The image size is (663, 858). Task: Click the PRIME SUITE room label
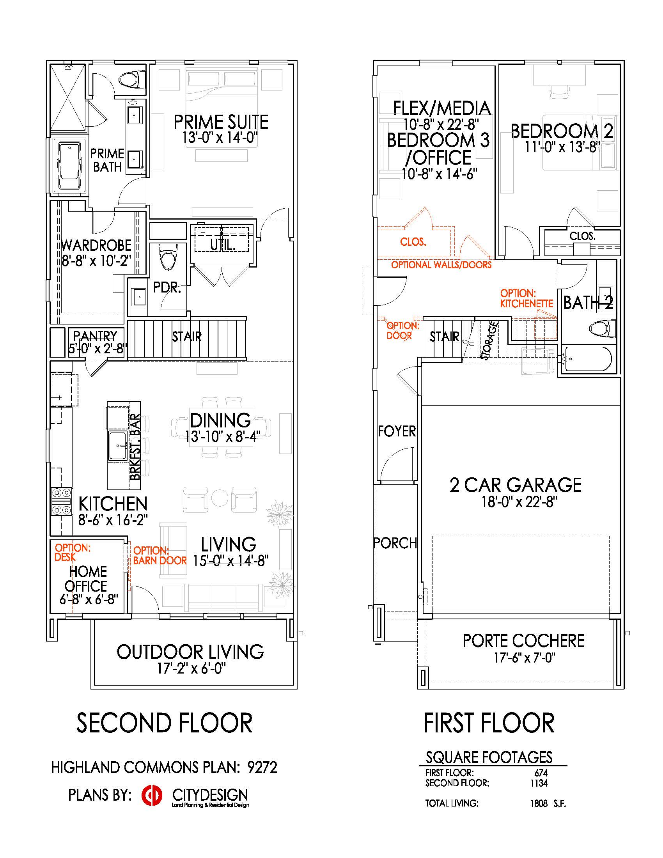[221, 122]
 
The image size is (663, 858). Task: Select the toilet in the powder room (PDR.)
[169, 257]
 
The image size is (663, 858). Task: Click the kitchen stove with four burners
[62, 501]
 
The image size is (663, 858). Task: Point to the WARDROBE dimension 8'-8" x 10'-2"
[96, 261]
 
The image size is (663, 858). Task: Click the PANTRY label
[96, 335]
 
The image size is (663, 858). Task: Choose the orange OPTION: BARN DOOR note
[160, 555]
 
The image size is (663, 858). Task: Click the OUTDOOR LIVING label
[190, 652]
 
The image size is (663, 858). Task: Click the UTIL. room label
[223, 245]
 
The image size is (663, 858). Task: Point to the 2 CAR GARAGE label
[515, 485]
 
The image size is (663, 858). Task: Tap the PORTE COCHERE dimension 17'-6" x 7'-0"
[524, 658]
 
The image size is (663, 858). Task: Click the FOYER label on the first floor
[397, 431]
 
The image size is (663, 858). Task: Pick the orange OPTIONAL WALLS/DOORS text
[441, 265]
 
